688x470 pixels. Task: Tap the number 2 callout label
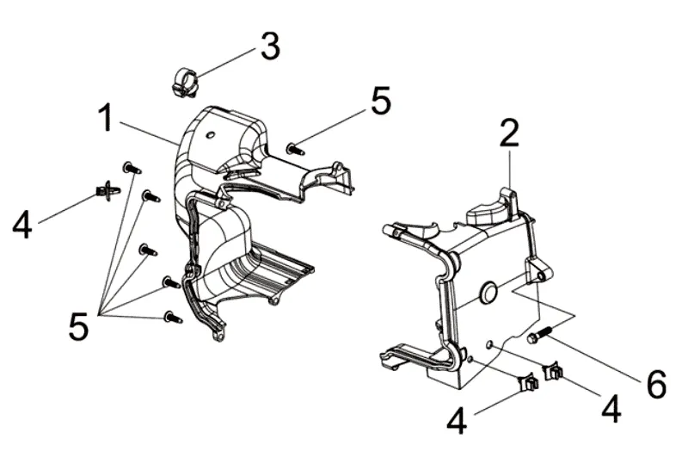pos(509,135)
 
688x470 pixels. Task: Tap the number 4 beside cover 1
pos(23,226)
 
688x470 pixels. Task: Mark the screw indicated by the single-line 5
pos(297,149)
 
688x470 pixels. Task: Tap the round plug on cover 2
pos(488,294)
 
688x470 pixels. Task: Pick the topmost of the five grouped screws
pos(132,167)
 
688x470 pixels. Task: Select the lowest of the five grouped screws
pos(173,317)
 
